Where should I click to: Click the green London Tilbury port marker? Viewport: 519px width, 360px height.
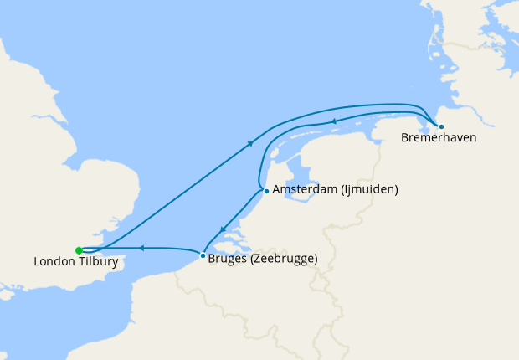tap(79, 249)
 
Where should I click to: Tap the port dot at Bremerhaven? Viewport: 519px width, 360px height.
tap(441, 126)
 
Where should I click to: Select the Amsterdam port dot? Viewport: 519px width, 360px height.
tap(266, 191)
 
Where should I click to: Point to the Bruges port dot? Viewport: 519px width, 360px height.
tap(203, 255)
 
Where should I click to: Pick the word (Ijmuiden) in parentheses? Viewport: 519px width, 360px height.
tap(369, 190)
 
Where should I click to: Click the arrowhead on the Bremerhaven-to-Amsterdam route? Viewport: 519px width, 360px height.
tap(333, 122)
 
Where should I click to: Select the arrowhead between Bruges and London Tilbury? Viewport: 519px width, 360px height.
tap(141, 248)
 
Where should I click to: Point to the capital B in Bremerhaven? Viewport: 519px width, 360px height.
tap(405, 137)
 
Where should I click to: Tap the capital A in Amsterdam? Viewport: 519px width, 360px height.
tap(277, 190)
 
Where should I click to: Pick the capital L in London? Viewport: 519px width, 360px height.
tap(37, 262)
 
